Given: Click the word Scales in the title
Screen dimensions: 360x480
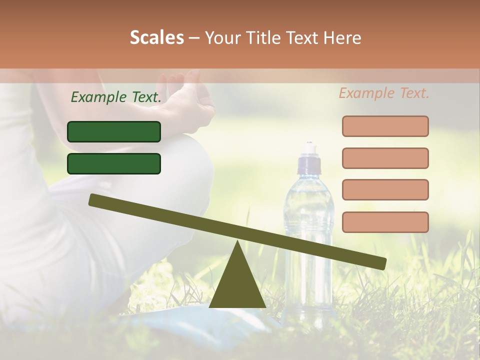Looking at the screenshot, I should (156, 37).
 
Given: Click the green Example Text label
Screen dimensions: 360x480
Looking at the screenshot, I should (116, 97).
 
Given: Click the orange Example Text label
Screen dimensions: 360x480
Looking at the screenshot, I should (384, 93).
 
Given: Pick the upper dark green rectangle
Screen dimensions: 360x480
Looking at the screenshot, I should (114, 131).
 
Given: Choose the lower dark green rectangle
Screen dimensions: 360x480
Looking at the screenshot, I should (114, 163).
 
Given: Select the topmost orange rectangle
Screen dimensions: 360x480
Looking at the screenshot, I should (385, 126).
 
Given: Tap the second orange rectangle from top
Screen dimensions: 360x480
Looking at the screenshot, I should (385, 158).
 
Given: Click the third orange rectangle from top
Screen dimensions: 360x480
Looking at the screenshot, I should (385, 189).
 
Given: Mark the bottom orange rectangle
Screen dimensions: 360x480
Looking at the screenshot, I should (385, 222).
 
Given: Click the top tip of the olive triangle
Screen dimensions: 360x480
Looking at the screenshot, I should (237, 242).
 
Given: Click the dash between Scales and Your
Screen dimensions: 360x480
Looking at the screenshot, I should (194, 38).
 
